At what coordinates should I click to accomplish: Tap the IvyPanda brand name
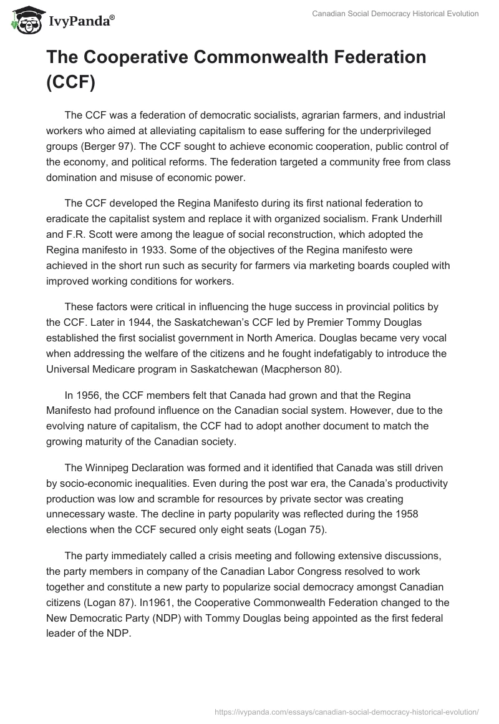pos(79,21)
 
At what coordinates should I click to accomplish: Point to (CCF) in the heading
pos(70,84)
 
